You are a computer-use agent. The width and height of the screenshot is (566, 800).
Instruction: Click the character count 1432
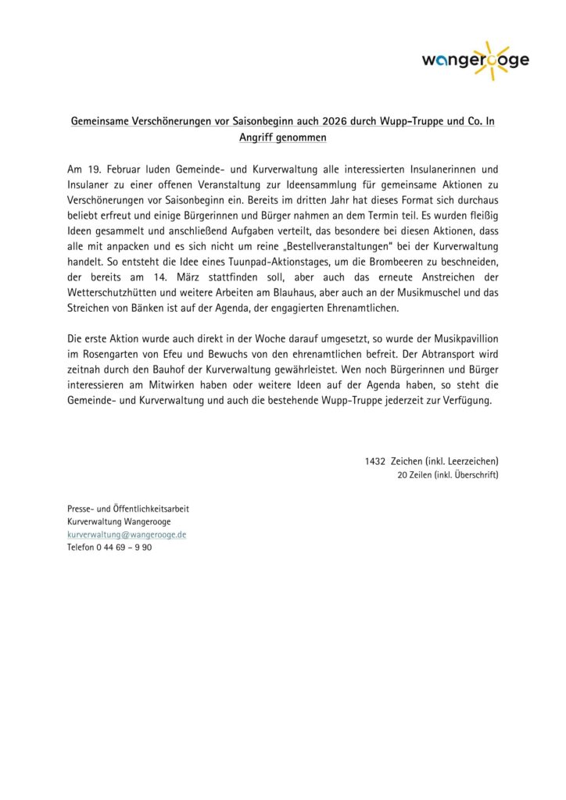point(375,461)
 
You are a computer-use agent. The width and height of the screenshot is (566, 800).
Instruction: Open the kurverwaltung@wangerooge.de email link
point(126,534)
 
